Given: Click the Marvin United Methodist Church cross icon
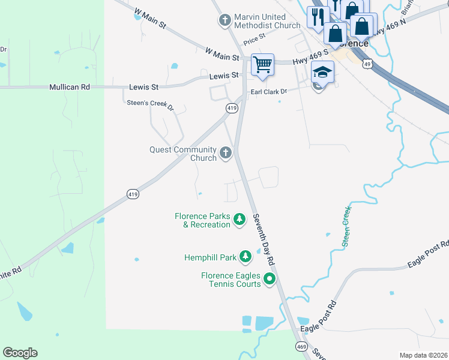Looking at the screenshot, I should pyautogui.click(x=225, y=21).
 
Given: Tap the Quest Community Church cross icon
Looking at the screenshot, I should pyautogui.click(x=226, y=153).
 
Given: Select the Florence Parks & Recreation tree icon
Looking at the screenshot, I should pyautogui.click(x=240, y=220).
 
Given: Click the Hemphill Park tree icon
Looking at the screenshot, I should pyautogui.click(x=245, y=257).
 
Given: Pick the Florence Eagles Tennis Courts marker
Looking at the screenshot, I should pyautogui.click(x=270, y=279).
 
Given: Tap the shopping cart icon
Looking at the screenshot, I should pyautogui.click(x=262, y=64).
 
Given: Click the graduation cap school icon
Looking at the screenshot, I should pyautogui.click(x=322, y=73).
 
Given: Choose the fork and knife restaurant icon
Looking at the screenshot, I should pyautogui.click(x=318, y=17).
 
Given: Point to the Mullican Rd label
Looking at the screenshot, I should pyautogui.click(x=69, y=87).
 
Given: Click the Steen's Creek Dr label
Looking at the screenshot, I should pyautogui.click(x=149, y=103).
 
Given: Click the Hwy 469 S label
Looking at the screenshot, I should pyautogui.click(x=308, y=59).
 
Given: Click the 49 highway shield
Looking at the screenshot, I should pyautogui.click(x=366, y=62).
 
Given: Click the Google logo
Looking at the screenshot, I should pyautogui.click(x=20, y=353).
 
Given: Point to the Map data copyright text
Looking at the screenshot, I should pyautogui.click(x=423, y=355).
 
